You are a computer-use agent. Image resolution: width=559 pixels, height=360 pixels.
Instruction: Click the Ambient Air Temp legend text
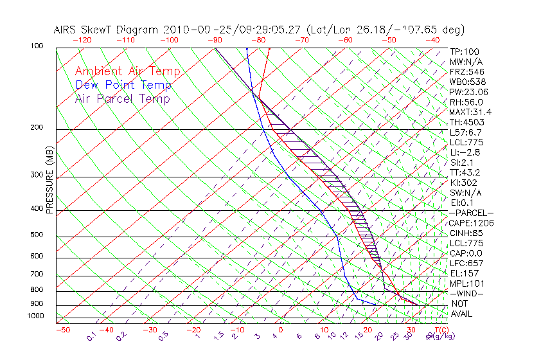128,71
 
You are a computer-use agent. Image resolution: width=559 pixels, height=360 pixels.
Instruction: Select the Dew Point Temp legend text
123,85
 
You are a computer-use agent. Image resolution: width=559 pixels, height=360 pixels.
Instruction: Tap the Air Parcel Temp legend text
123,98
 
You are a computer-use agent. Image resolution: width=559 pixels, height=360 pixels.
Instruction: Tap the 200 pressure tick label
36,127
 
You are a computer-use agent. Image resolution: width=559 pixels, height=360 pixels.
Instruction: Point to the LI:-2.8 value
464,152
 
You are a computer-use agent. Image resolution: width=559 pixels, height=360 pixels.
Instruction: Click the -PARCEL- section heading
472,213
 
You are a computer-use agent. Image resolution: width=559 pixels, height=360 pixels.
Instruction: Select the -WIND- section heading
467,293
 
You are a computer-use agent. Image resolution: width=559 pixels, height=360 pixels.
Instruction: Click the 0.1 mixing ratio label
92,336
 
